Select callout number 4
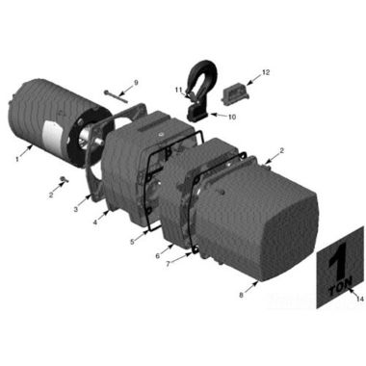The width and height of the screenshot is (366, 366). click(93, 222)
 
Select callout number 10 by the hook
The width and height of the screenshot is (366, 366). click(232, 118)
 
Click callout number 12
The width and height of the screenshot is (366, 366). click(267, 72)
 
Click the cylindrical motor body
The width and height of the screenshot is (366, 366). click(43, 116)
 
